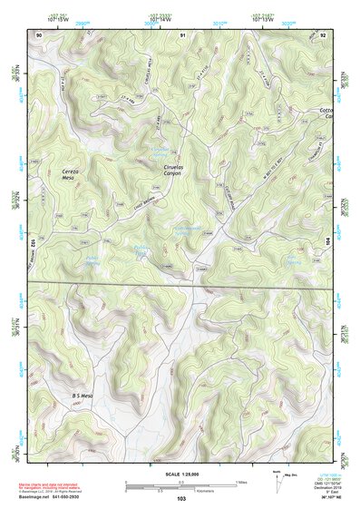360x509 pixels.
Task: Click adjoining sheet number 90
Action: pos(39,34)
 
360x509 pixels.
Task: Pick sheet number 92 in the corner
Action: pos(323,34)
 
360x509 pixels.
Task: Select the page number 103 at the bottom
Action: pos(180,498)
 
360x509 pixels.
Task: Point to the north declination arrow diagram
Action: pos(278,484)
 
